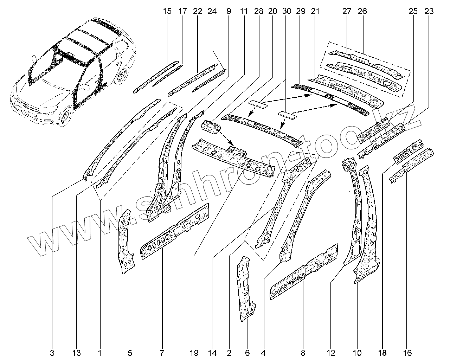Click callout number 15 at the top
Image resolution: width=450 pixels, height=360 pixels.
pos(167,11)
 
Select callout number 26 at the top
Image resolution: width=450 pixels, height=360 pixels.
pos(362,11)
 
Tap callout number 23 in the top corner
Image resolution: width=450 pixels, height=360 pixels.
pos(429,11)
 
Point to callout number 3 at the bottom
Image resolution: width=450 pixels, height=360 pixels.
pos(52,352)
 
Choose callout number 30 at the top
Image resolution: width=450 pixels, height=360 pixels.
pos(287,11)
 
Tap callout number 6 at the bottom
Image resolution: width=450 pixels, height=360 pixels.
pos(247,352)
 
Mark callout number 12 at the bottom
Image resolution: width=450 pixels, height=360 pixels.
pos(331,352)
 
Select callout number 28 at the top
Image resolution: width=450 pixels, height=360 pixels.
pos(258,11)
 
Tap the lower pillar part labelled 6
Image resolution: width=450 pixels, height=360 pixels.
pos(247,288)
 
